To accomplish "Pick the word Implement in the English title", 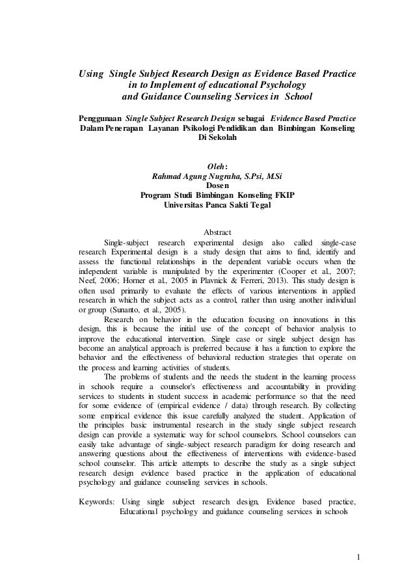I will coord(168,85).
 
